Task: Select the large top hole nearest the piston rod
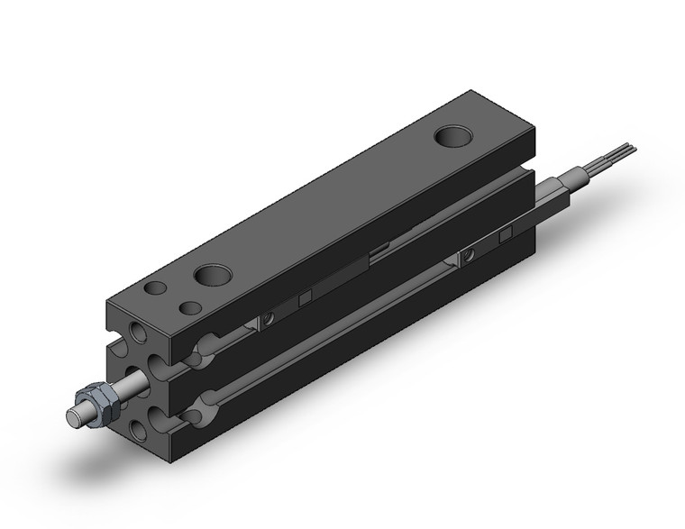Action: point(213,273)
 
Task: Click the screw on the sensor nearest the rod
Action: point(268,317)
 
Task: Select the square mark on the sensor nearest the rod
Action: point(306,297)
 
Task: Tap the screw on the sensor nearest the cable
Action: point(467,256)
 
